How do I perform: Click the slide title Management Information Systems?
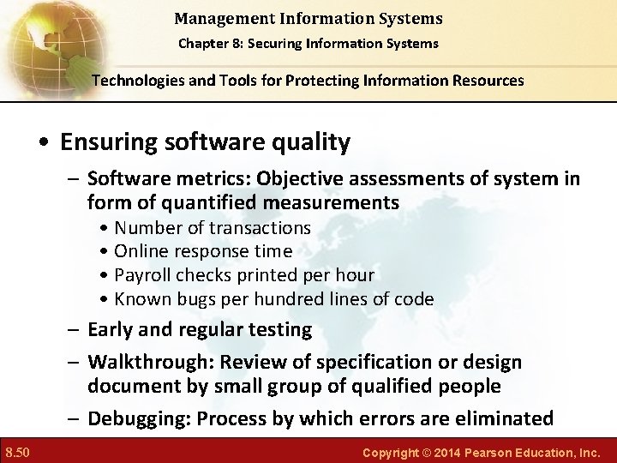(x=308, y=17)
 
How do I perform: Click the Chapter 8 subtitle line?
(x=308, y=43)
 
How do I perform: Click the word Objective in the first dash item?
(x=295, y=178)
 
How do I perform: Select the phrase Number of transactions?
(x=212, y=227)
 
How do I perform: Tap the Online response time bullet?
(x=202, y=251)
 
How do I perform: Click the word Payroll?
(x=143, y=275)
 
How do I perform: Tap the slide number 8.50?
(x=18, y=450)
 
